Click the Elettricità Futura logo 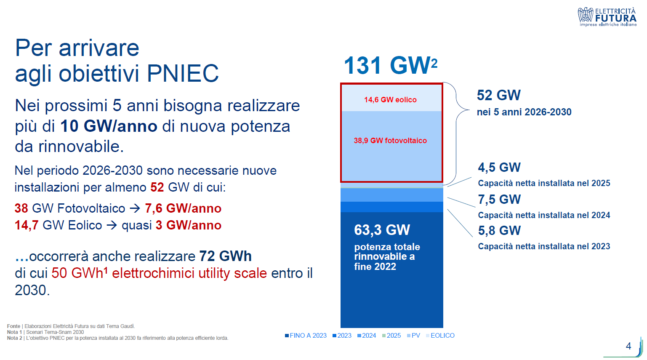point(607,17)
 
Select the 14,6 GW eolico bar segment point(391,98)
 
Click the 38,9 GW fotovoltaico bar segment point(391,146)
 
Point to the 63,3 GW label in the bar point(382,230)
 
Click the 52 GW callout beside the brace point(498,95)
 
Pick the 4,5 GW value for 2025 point(499,167)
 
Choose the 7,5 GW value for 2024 point(499,199)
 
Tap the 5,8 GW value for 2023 point(499,231)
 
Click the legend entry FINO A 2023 point(306,336)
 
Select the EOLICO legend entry point(440,336)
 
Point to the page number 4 point(628,346)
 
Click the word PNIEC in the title point(183,73)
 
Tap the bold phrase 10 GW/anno point(109,126)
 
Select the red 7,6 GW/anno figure point(183,208)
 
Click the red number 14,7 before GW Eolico point(27,225)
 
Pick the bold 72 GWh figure point(225,256)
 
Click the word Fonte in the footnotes point(13,326)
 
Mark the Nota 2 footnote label point(14,338)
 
